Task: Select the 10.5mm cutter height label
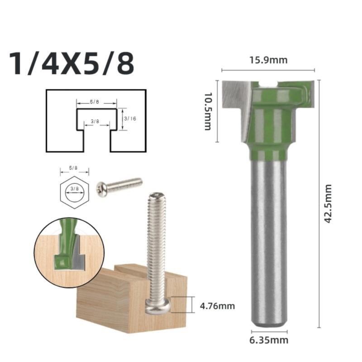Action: point(207,111)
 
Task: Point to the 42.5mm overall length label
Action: point(329,203)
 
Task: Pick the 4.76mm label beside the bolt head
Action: point(217,306)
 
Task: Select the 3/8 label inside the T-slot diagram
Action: point(95,121)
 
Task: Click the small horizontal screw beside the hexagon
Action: point(119,185)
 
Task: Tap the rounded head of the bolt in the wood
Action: point(158,307)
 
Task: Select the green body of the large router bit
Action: point(269,122)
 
